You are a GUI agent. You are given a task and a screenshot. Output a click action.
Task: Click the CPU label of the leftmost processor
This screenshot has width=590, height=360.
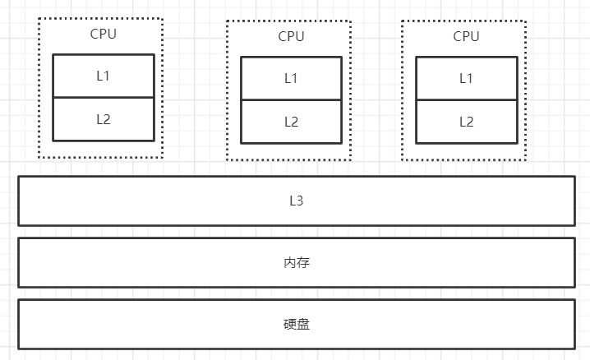coord(103,35)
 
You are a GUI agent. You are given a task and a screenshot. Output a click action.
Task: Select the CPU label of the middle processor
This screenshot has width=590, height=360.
coord(291,36)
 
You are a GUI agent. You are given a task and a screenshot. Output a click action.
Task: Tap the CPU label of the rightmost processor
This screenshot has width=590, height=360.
coord(466,36)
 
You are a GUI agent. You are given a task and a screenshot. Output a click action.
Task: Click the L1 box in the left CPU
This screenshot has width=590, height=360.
coord(103,76)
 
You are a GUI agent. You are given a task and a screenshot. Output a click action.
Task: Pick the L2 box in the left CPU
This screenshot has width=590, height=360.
coord(103,118)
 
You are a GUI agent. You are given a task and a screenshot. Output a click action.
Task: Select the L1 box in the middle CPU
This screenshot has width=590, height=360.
coord(291,78)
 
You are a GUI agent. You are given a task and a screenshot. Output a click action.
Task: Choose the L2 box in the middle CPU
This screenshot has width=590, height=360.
coord(291,122)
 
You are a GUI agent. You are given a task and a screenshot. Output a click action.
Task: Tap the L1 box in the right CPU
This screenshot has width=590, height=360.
coord(466,78)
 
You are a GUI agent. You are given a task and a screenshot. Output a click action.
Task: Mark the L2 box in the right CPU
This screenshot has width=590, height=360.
coord(466,122)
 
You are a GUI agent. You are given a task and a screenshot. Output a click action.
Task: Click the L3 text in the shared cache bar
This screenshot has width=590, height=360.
coord(297,200)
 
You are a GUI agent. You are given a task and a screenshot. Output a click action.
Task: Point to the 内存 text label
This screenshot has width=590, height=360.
coord(297,262)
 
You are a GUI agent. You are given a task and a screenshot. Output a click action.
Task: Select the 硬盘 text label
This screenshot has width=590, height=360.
coord(297,324)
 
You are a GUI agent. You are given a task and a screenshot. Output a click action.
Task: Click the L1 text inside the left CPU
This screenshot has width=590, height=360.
coord(103,76)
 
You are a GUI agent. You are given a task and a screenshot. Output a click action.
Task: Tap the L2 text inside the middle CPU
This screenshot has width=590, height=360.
coord(291,122)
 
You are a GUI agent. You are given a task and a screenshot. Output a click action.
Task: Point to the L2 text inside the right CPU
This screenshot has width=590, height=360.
coord(466,122)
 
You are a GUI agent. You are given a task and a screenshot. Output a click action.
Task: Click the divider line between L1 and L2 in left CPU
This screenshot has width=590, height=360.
coord(103,97)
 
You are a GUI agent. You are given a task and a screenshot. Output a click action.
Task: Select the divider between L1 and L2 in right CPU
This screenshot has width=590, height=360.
coord(466,100)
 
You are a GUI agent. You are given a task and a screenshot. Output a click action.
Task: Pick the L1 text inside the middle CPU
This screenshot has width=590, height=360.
coord(291,78)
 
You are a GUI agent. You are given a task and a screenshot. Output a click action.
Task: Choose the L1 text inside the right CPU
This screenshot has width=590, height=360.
coord(466,78)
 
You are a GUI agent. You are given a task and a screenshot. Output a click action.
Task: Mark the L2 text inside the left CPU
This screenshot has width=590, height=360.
coord(103,118)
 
